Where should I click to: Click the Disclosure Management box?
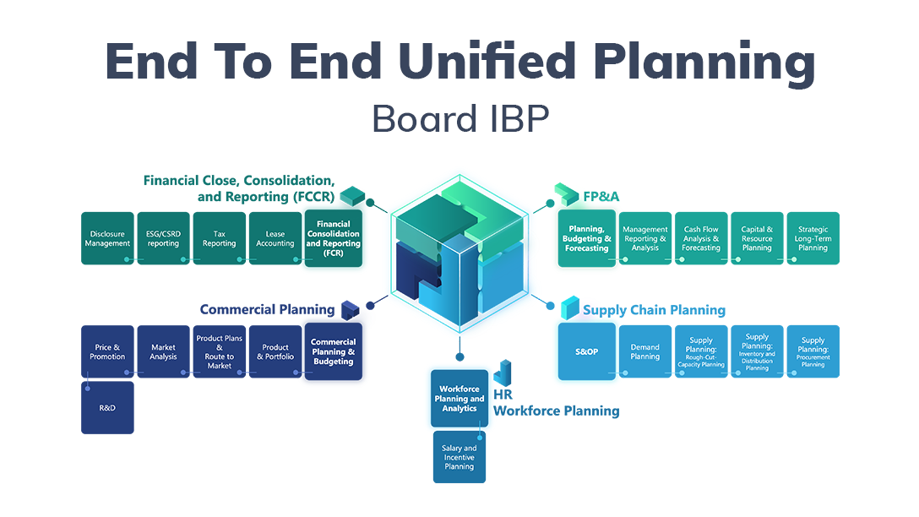coord(107,238)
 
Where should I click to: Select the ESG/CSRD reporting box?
coord(163,238)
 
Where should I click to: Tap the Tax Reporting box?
coord(219,238)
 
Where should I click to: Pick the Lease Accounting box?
coord(275,238)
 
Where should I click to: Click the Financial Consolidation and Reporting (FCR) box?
coord(333,239)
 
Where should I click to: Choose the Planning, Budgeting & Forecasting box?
coord(587,239)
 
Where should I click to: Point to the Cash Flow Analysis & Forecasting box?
coord(701,238)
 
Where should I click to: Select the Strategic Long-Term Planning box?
coord(813,238)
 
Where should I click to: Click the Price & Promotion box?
coord(107,351)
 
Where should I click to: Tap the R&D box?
coord(107,407)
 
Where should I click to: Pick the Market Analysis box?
coord(163,351)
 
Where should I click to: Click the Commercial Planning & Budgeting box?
coord(333,351)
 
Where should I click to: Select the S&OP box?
coord(587,351)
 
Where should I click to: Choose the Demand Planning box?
coord(644,351)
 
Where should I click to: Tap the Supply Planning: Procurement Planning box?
coord(813,351)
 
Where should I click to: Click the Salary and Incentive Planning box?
coord(459,457)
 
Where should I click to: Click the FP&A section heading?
coord(601,197)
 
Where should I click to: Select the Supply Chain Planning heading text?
coord(654,310)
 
